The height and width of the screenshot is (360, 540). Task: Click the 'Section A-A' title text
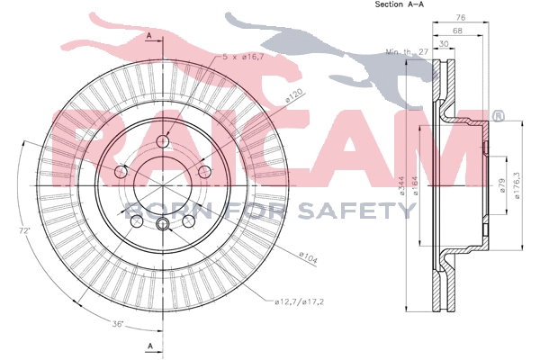399,4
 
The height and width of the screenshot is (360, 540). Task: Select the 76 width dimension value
461,17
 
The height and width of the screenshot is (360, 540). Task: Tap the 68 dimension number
457,31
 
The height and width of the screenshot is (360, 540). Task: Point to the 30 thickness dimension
445,44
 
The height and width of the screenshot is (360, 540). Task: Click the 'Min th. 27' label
407,52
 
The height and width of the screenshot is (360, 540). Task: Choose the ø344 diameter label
402,186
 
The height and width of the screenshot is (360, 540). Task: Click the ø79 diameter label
501,185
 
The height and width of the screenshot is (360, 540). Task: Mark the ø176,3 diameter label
517,185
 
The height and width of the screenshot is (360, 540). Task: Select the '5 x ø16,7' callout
243,57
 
